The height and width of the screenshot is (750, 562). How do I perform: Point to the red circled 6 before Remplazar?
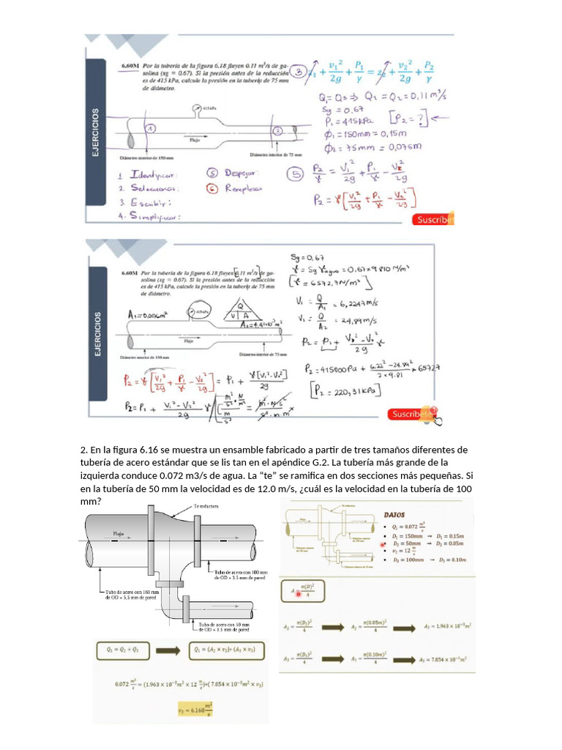(x=212, y=188)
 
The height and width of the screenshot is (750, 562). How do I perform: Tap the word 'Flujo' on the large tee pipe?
(x=119, y=534)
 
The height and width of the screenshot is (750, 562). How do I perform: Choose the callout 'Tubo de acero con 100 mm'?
(x=241, y=574)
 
